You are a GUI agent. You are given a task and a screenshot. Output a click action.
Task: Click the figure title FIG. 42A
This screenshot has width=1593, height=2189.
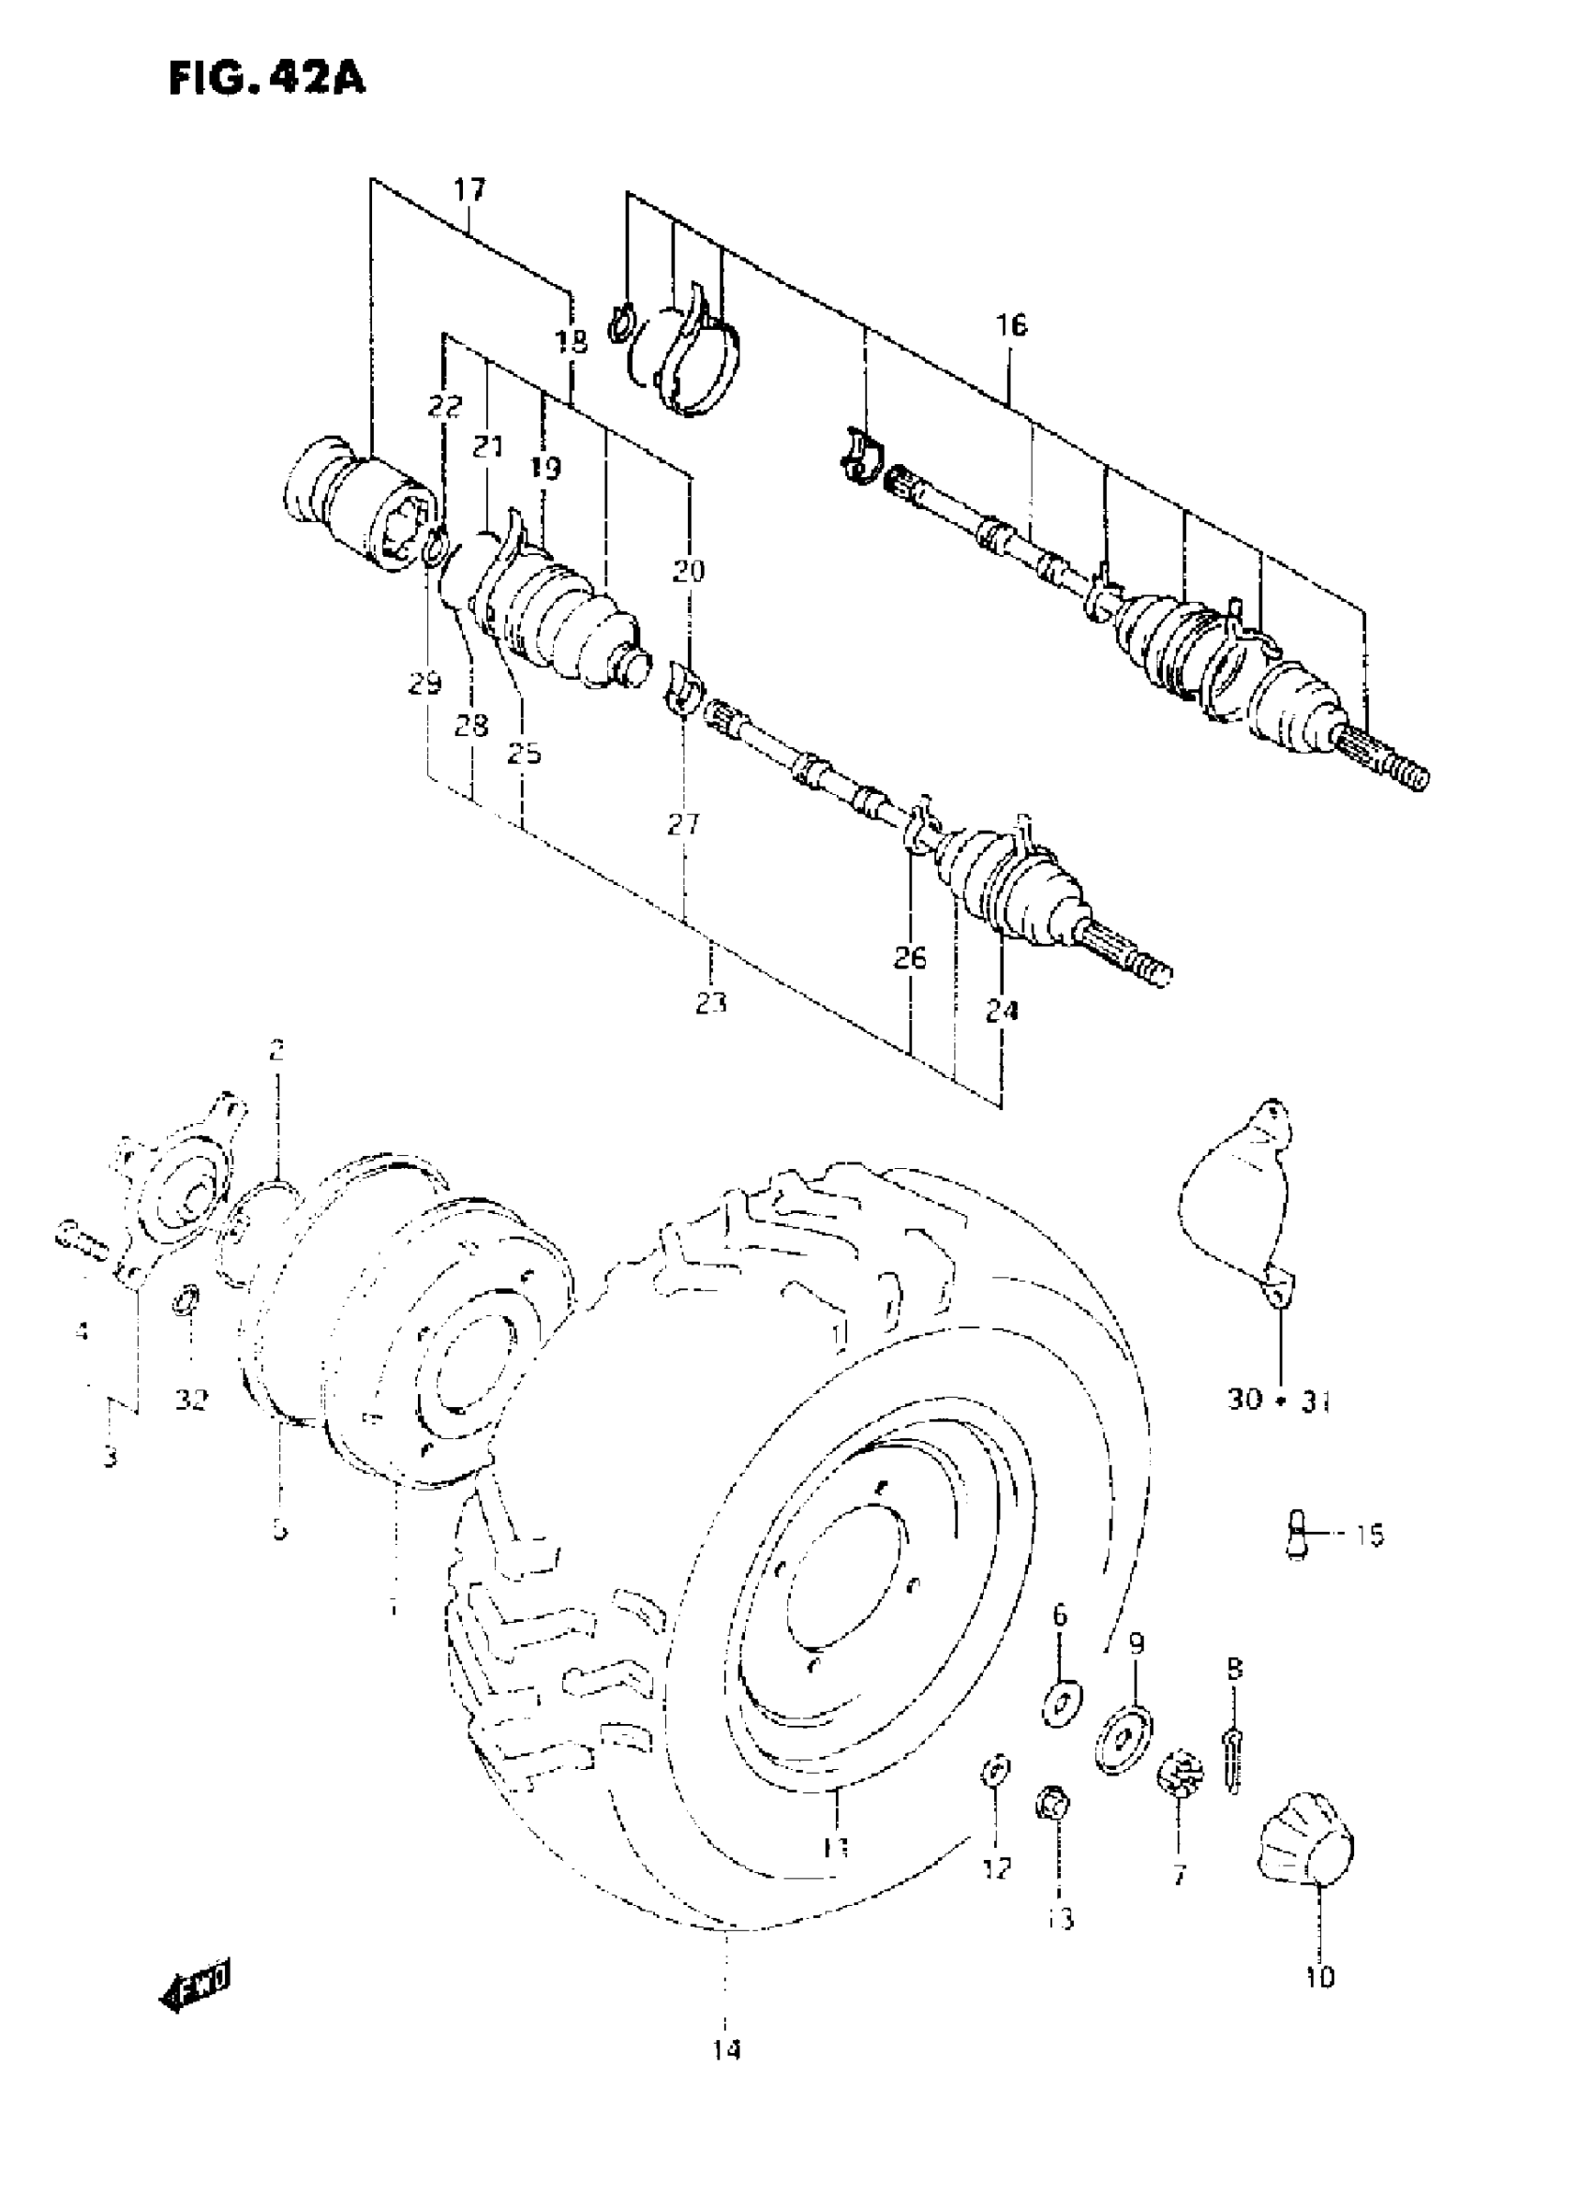coord(267,78)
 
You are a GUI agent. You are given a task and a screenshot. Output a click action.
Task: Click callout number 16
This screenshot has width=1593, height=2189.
coord(1011,325)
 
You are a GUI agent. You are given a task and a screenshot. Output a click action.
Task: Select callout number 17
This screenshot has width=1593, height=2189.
coord(469,189)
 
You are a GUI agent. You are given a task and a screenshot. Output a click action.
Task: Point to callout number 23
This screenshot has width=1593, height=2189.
coord(711,1003)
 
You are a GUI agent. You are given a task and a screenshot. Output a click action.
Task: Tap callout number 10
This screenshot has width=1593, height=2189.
coord(1320,1977)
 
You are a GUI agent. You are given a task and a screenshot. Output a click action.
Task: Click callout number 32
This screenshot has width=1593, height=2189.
coord(191,1399)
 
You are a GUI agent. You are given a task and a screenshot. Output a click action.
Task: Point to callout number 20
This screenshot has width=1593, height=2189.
coord(689,570)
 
